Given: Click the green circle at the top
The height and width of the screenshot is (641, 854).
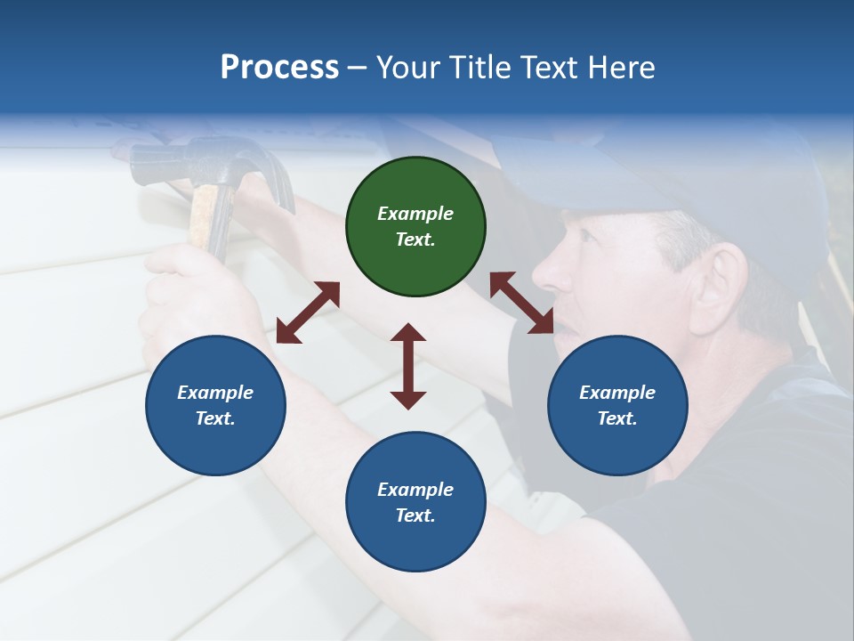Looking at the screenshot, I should tap(415, 227).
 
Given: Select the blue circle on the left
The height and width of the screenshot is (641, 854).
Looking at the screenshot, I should tap(215, 405).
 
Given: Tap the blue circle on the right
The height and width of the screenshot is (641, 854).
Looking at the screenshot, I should tap(617, 405).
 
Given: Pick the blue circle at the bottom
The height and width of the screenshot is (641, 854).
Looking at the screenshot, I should tap(415, 502).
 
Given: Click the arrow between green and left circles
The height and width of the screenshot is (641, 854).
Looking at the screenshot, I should tap(308, 312).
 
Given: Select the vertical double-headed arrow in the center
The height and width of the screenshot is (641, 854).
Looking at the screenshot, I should tap(408, 366).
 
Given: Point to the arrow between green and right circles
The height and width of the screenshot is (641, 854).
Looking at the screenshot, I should tap(521, 303).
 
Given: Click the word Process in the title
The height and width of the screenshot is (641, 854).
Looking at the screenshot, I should tap(279, 68).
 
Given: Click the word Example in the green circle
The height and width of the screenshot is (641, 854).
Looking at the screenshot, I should tap(415, 214).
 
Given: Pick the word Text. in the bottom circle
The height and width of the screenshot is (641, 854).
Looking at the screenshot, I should tap(415, 515).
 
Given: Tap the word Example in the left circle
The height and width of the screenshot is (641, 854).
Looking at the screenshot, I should tap(215, 393).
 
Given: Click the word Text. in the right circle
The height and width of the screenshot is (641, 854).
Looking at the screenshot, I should tap(617, 418).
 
